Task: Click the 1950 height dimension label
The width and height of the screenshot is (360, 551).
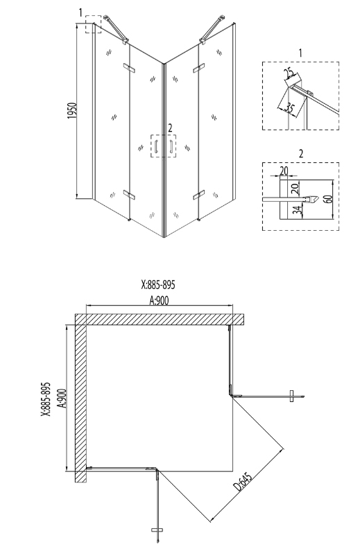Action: (72, 110)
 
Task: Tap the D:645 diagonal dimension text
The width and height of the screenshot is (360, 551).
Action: (243, 482)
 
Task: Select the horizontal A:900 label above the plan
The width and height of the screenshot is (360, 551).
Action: (160, 300)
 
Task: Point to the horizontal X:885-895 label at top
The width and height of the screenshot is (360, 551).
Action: (158, 285)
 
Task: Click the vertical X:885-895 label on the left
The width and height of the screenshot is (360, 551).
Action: (46, 399)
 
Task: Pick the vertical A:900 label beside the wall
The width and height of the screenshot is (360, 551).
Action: (61, 399)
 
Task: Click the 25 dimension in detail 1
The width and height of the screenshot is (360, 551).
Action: (289, 73)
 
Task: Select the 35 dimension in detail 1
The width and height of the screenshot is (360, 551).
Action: (289, 107)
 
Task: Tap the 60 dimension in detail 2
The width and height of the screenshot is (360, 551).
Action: (327, 198)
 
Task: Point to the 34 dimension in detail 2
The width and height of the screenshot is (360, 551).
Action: (298, 211)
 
